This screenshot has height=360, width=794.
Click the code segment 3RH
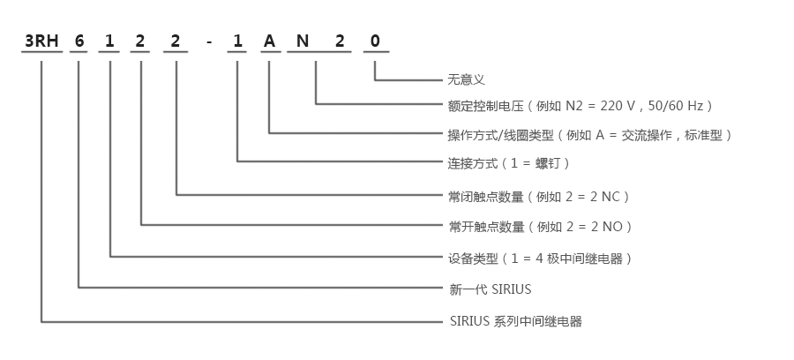coord(41,41)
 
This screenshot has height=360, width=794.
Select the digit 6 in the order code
coord(79,41)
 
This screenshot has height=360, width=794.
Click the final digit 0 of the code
coord(375,41)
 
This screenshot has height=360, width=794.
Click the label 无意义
coord(467,79)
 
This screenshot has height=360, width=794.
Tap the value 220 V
coord(618,106)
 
